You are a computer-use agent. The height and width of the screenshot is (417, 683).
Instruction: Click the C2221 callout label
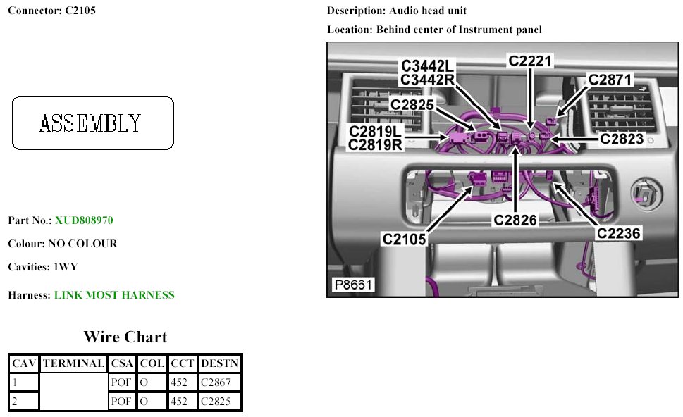[531, 61]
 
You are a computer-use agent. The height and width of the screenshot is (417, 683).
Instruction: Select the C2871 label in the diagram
[611, 80]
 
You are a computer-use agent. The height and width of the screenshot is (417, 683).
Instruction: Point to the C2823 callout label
[622, 139]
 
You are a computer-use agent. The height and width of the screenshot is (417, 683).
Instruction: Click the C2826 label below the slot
[515, 220]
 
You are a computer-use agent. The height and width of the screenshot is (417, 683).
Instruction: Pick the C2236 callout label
[619, 233]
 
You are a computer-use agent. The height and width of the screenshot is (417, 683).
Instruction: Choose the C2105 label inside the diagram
[405, 239]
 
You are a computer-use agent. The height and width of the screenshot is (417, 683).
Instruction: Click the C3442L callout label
[429, 66]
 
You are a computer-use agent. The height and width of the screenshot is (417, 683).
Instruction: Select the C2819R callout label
[376, 144]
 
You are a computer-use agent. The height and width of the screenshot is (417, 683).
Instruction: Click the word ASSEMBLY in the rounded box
[90, 123]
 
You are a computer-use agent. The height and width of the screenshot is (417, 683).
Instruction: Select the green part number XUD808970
[84, 220]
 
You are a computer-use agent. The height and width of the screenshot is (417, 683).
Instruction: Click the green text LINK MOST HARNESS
[114, 295]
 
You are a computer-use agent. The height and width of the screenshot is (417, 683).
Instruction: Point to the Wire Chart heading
[125, 337]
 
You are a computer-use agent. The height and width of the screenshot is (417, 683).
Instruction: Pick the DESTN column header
[220, 363]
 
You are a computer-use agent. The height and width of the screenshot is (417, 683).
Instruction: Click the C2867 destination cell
[216, 382]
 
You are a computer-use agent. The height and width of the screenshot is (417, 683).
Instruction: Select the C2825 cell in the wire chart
[216, 402]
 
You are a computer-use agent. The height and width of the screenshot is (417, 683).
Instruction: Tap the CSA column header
[122, 363]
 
